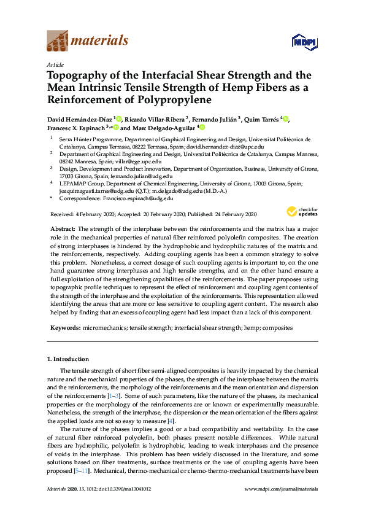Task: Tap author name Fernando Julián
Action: tap(218, 119)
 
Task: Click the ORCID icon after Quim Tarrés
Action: tap(286, 119)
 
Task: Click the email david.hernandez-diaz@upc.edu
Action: tap(226, 147)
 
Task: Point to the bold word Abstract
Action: tap(62, 228)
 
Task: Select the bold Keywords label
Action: tap(64, 328)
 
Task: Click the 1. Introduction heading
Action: tap(67, 359)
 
